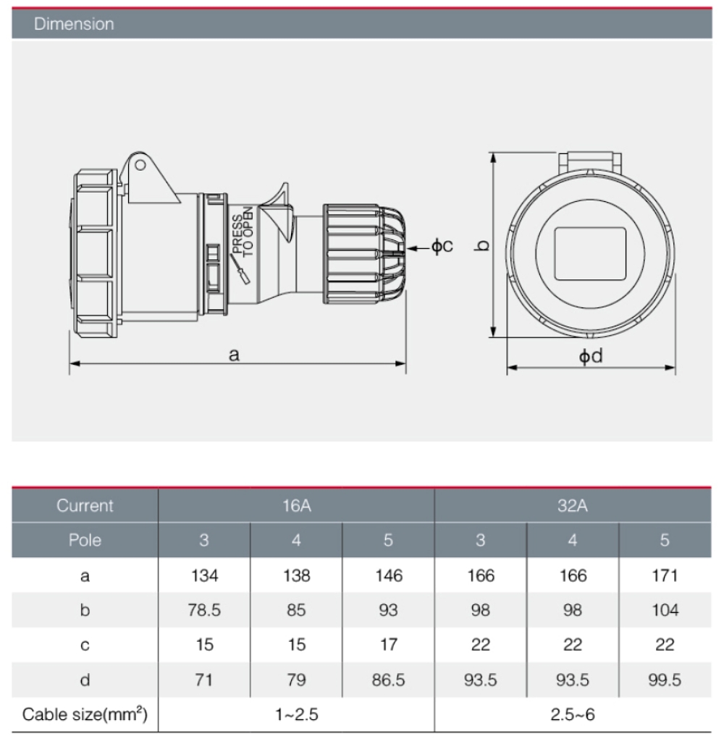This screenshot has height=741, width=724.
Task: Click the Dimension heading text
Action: [x=74, y=24]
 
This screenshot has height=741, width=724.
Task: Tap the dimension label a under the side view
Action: [x=233, y=354]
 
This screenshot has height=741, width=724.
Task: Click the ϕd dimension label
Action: [x=590, y=357]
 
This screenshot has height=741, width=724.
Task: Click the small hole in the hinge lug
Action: [x=140, y=165]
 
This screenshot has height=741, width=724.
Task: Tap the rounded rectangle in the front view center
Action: [x=589, y=253]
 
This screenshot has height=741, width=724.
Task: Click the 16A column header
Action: [x=297, y=506]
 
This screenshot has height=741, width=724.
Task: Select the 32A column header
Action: [x=572, y=506]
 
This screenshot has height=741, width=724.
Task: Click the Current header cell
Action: [x=85, y=506]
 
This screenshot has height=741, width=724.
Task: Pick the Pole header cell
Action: [x=85, y=540]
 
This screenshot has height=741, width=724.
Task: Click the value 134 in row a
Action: [x=204, y=576]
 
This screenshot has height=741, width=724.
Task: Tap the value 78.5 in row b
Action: [x=204, y=610]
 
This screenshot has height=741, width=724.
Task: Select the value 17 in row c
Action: [x=389, y=645]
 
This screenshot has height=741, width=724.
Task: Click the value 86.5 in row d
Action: [x=389, y=680]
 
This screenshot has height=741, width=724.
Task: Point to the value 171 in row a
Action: [x=665, y=576]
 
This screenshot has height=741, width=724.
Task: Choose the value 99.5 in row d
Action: [x=665, y=680]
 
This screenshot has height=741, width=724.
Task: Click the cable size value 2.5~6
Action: [x=572, y=716]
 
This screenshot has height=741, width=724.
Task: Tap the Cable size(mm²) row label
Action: [x=85, y=716]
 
